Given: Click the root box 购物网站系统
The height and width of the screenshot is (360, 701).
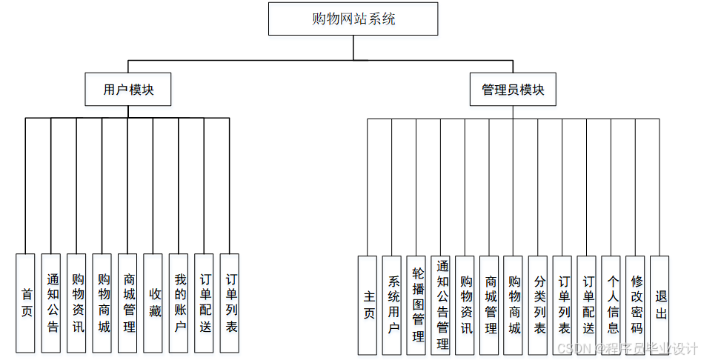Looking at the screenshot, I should tap(353, 19).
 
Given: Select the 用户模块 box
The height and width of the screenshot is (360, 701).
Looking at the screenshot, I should tap(128, 90).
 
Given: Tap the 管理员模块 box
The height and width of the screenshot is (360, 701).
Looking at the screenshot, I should tap(513, 90).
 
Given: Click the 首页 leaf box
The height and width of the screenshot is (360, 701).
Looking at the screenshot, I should tap(26, 303).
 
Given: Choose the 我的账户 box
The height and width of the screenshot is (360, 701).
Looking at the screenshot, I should tap(179, 303).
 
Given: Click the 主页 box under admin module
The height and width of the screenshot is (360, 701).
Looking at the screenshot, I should tap(368, 305).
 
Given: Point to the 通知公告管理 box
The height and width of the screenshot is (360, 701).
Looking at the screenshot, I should tap(442, 305).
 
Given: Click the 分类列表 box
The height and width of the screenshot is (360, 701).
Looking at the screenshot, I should tap(539, 305).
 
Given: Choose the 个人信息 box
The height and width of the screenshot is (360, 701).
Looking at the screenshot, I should tap(611, 305).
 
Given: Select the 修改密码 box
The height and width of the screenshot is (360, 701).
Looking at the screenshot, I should tap(636, 305).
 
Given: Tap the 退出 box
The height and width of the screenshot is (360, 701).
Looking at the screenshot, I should tap(660, 305).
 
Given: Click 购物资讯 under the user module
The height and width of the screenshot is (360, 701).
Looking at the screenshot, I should tap(77, 303).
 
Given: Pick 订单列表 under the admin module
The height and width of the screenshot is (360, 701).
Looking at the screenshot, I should tap(563, 305).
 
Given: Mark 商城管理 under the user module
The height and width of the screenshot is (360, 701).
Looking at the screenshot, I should tap(127, 303).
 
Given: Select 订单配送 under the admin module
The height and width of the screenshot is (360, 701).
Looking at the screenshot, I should tap(588, 305).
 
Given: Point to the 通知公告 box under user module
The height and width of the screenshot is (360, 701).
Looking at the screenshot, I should tap(51, 303).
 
